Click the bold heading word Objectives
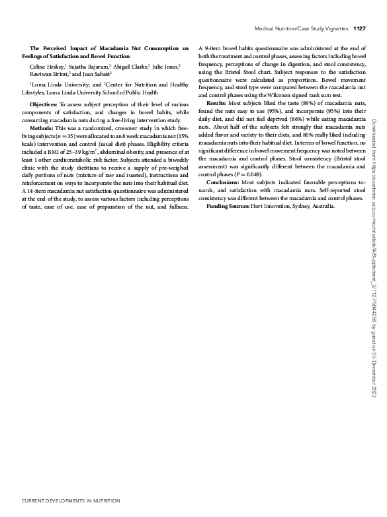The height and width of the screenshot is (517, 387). [44, 105]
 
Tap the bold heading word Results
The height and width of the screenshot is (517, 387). [216, 104]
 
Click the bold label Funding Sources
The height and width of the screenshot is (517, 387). [228, 206]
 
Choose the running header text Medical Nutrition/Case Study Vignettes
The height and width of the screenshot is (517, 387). [301, 28]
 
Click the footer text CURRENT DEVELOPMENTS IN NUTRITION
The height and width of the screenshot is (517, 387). [62, 501]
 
